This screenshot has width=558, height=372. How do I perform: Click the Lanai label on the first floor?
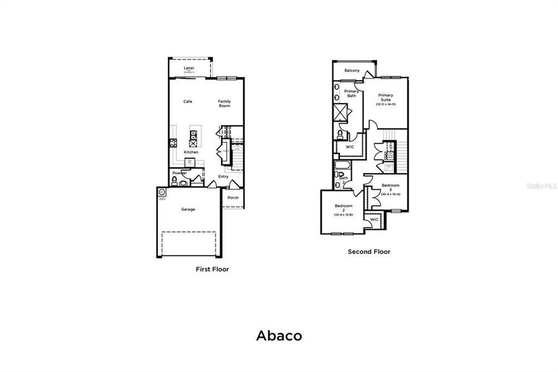189,69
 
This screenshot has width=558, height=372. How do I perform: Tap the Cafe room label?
188,101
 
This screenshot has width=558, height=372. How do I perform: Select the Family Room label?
224,104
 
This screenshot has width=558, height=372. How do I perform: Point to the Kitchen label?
191,152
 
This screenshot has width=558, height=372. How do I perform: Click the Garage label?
188,209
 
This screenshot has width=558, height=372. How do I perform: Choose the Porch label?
233,198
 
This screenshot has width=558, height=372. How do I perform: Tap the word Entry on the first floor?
223,177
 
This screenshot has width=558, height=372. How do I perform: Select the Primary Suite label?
385,99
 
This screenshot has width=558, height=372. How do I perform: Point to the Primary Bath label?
351,94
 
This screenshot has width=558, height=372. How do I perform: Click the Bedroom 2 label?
343,209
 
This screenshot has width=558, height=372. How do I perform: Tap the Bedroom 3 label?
390,188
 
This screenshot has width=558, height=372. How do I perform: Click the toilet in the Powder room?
175,181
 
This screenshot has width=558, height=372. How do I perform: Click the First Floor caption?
212,270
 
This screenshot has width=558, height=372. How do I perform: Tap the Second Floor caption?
368,252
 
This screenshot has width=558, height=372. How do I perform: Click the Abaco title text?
279,336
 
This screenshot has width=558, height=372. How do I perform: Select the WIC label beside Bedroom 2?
374,219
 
